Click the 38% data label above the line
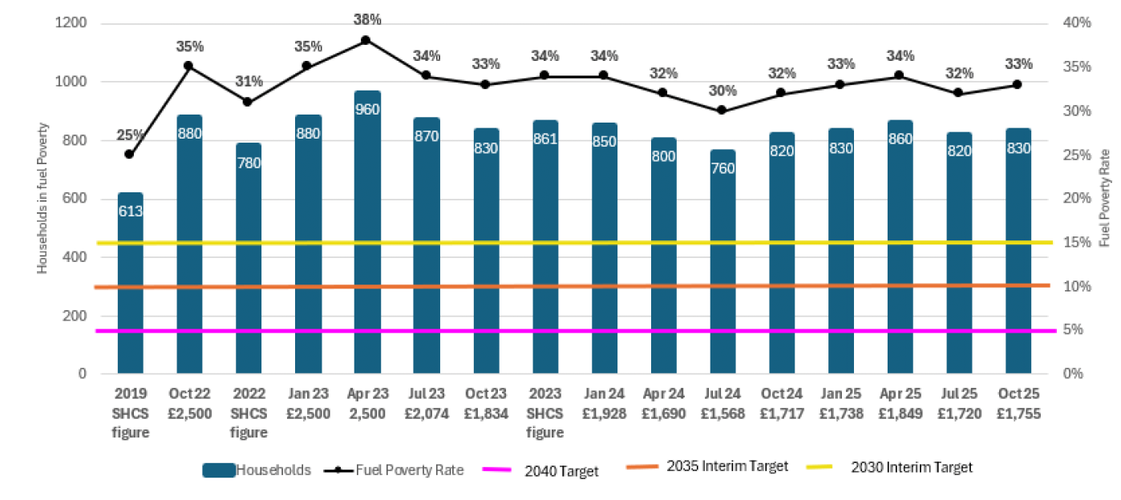[x=366, y=19]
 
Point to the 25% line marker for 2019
[x=130, y=154]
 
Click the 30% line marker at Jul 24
[x=722, y=110]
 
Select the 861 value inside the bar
[x=544, y=135]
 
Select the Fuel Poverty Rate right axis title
[x=1104, y=197]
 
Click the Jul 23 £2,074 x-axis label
[x=426, y=405]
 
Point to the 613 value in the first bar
[x=130, y=211]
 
